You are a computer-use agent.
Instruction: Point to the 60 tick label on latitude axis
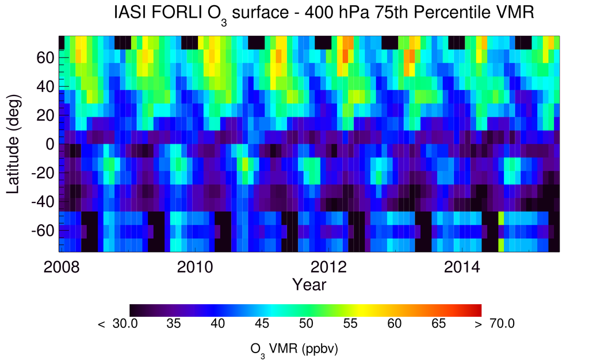[45, 58]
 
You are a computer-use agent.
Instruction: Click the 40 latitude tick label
[45, 87]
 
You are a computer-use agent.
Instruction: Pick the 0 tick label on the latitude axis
[50, 144]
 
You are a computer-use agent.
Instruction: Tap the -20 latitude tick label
[43, 173]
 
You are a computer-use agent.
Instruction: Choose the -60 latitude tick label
[43, 231]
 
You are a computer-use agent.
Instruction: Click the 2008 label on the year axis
[62, 267]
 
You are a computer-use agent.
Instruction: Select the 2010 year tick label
[195, 267]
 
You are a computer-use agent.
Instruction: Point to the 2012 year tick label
[328, 267]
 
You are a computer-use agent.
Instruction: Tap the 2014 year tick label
[462, 267]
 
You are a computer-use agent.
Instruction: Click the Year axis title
[309, 285]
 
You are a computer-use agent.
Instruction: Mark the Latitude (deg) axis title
[13, 144]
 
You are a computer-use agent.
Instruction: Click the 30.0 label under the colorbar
[125, 324]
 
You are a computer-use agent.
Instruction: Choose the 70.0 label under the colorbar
[502, 324]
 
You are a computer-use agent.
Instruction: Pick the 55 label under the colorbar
[350, 324]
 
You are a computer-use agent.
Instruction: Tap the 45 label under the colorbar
[262, 324]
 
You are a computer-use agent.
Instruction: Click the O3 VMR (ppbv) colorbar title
[294, 350]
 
